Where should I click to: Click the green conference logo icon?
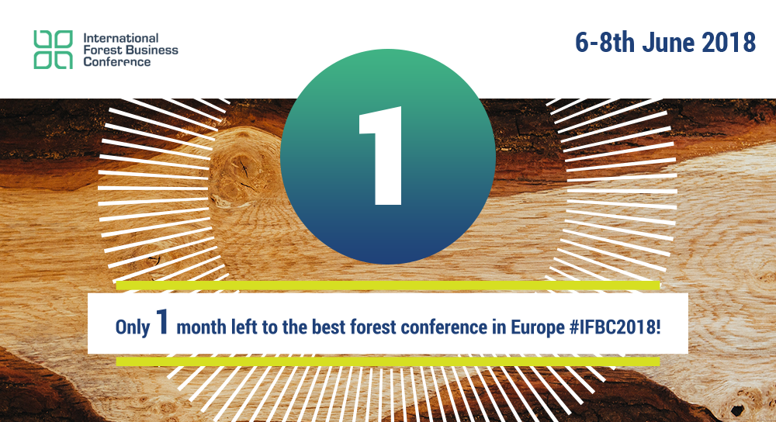(53, 50)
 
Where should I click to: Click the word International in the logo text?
(121, 38)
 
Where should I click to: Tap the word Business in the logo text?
(151, 50)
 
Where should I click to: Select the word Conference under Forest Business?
(117, 62)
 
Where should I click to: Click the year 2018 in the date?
(729, 42)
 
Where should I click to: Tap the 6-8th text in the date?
(605, 42)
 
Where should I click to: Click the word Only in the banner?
(133, 327)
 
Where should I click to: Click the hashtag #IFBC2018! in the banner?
(615, 327)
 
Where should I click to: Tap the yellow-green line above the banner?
(387, 285)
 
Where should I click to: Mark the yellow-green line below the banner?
(387, 361)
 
